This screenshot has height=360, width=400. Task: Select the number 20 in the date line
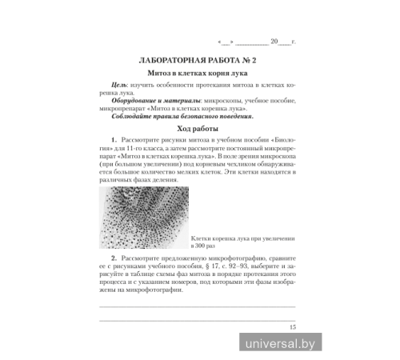(274, 40)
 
